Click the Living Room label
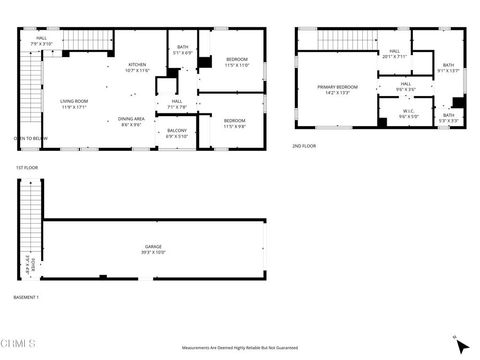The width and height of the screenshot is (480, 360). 74,101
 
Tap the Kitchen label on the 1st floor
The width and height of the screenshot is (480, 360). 137,66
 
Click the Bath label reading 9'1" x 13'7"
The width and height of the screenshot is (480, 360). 448,66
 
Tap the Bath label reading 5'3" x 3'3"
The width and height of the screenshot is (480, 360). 449,115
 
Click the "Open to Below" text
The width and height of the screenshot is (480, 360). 30,138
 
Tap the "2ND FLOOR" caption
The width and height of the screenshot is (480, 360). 304,147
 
